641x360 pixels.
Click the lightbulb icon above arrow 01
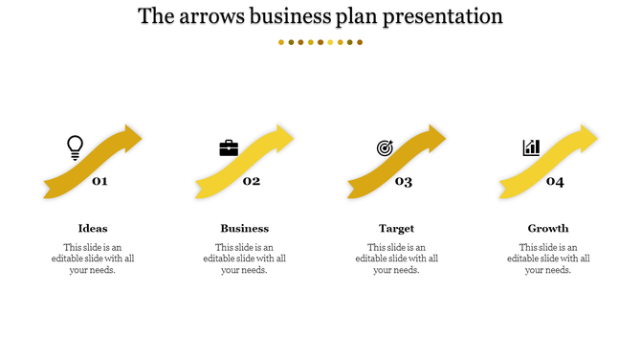[x=75, y=146]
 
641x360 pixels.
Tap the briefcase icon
[x=229, y=147]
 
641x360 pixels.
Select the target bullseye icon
[x=385, y=147]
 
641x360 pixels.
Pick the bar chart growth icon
[x=531, y=147]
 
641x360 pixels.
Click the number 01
[x=99, y=181]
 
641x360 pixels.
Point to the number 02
[x=252, y=181]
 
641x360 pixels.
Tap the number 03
[x=404, y=181]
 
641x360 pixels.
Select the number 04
[x=555, y=181]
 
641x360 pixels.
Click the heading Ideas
[x=93, y=228]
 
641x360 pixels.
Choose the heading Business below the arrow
[x=245, y=228]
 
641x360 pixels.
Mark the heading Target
[x=396, y=228]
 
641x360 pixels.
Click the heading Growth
[x=548, y=228]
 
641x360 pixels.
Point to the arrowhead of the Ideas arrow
[x=131, y=139]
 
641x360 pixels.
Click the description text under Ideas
[x=93, y=259]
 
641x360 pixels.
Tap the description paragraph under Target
[x=396, y=259]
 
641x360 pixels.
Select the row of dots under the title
[x=320, y=42]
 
